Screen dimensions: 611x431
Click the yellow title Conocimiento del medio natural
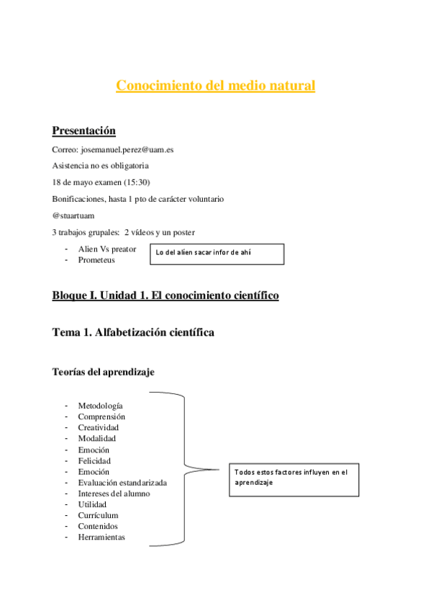(216, 86)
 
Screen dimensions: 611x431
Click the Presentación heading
(84, 130)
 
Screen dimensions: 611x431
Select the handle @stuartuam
(73, 215)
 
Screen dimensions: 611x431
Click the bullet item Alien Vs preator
(107, 249)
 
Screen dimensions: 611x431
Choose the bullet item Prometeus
(96, 260)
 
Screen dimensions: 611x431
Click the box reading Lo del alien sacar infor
(217, 254)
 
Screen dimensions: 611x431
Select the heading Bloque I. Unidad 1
(165, 296)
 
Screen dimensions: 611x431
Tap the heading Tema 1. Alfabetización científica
(133, 333)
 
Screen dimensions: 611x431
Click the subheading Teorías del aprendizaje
(103, 372)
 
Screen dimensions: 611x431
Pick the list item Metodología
(100, 406)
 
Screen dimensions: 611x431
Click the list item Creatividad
(99, 427)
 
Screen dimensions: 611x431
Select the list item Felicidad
(94, 460)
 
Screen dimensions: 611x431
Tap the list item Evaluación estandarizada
(122, 482)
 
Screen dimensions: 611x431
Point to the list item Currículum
(98, 515)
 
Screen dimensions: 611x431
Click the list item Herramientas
(101, 537)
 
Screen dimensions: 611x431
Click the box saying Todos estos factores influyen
(294, 478)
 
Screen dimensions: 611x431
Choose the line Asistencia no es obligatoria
(100, 166)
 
